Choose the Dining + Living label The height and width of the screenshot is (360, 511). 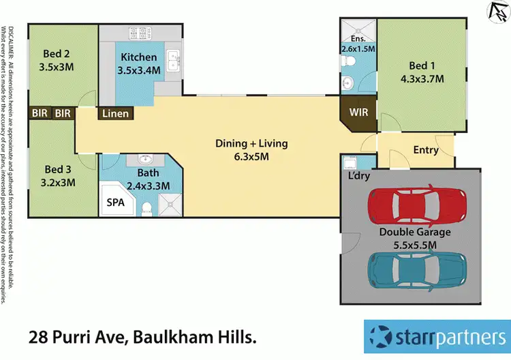click(x=251, y=144)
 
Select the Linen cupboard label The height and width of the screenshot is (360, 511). click(x=114, y=113)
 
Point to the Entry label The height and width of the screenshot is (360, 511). click(x=426, y=151)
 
